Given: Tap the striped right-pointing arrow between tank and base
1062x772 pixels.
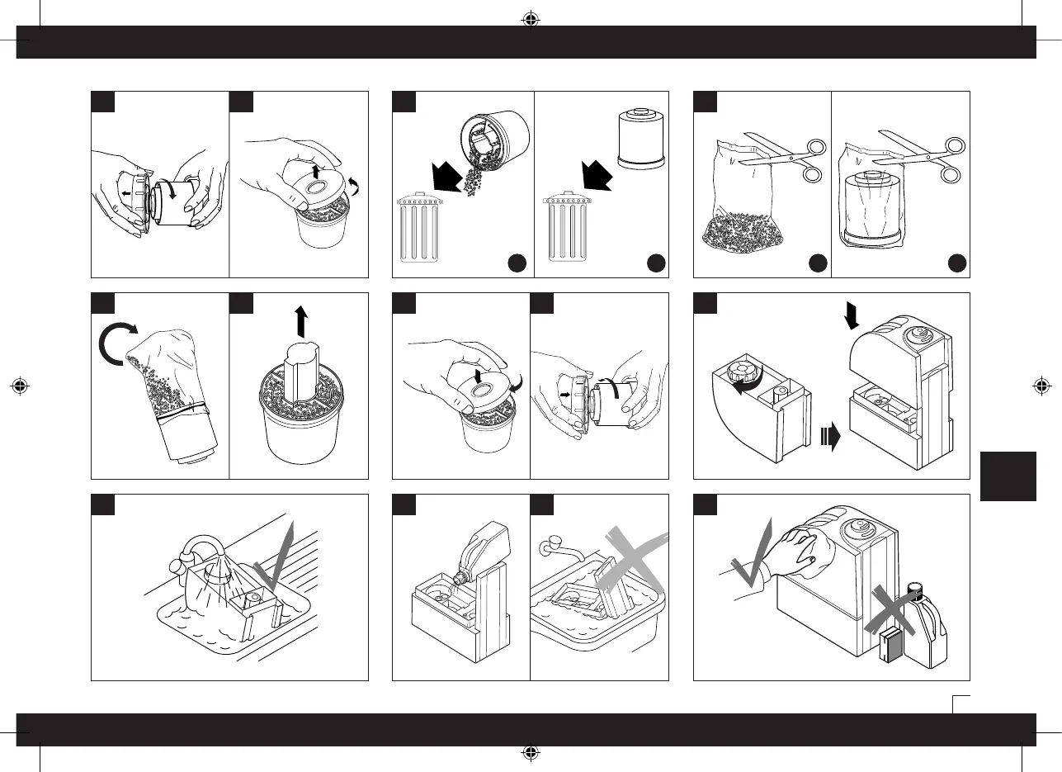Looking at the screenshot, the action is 832,436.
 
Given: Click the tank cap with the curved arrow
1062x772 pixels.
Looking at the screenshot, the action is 746,372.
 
